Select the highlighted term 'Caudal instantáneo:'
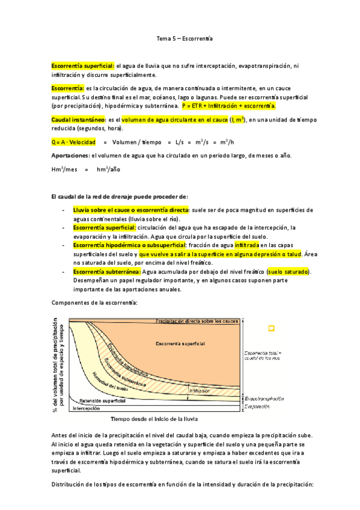(x=79, y=120)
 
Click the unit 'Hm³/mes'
(x=65, y=170)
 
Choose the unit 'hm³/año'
(x=108, y=170)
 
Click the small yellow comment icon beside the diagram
(x=271, y=328)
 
